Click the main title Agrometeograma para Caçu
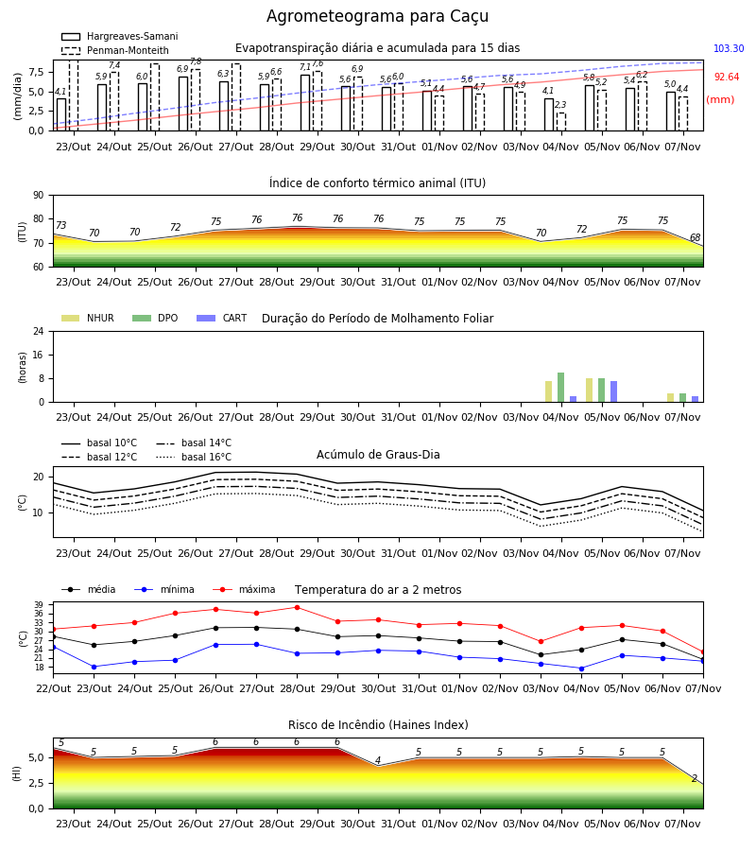[x=377, y=16]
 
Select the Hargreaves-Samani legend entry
[x=120, y=36]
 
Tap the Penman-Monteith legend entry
[x=115, y=50]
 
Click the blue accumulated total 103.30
[x=729, y=48]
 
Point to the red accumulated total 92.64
[x=726, y=78]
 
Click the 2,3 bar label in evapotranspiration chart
[x=560, y=105]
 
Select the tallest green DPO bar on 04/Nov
[x=560, y=388]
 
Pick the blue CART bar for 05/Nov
[x=614, y=391]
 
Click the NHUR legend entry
[x=88, y=318]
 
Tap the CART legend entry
[x=222, y=318]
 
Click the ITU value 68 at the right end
[x=695, y=237]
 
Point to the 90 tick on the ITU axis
[x=38, y=196]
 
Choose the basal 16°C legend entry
[x=194, y=457]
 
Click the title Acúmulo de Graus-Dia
[x=378, y=455]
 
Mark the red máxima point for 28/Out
[x=297, y=607]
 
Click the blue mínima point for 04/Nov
[x=581, y=669]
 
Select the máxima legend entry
[x=245, y=589]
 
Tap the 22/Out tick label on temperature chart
[x=53, y=688]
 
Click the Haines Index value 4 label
[x=378, y=760]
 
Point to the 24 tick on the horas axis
[x=38, y=332]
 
